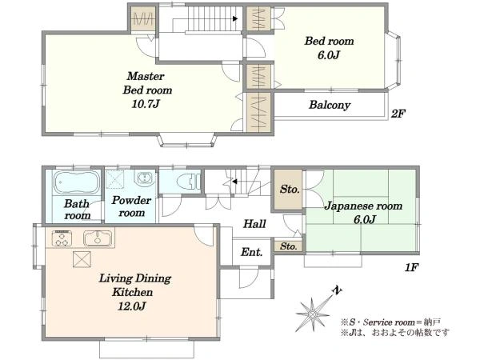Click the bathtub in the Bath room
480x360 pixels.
coord(77,182)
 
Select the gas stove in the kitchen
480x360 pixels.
coord(62,238)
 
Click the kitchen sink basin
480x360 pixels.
coord(98,238)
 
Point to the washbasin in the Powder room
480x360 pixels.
coord(145,178)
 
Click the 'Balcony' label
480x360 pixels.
coord(330,105)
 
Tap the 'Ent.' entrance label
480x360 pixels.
coord(252,252)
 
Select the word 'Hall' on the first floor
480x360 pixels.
coord(254,224)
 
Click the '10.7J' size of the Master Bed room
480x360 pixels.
coord(146,104)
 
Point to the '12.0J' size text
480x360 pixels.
coord(132,306)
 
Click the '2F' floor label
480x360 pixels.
coord(398,114)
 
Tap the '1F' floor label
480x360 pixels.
coord(411,267)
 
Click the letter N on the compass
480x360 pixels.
coord(338,290)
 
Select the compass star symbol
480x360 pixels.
coord(313,314)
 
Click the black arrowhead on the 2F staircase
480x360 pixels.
coord(235,18)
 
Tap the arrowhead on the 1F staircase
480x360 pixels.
coord(234,182)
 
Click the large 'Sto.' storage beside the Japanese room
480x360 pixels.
coord(288,190)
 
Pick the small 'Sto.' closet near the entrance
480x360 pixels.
coord(288,246)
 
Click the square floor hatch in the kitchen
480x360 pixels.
coord(82,259)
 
